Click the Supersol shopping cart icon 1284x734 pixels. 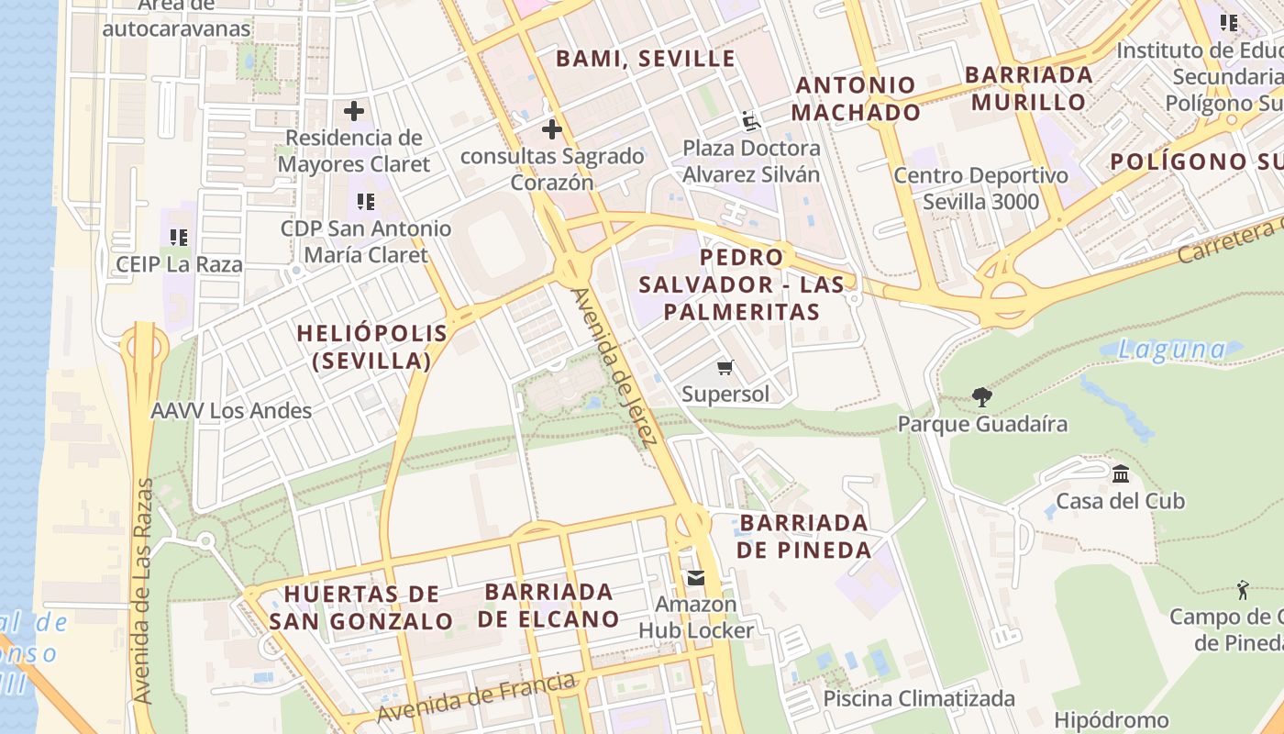(725, 368)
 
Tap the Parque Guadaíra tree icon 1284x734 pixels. (982, 397)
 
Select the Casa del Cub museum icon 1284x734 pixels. (1120, 474)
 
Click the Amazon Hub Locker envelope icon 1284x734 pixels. (695, 578)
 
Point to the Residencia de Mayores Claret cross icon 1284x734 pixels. (354, 112)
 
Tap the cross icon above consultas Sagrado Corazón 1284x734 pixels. (551, 129)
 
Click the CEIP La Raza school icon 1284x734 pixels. (179, 238)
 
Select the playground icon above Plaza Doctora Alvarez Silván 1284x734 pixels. (751, 121)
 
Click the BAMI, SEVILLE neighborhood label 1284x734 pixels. (646, 59)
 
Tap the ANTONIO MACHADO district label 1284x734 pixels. (856, 99)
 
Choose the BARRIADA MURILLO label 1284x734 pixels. (1029, 88)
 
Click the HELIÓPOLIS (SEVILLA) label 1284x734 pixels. (372, 347)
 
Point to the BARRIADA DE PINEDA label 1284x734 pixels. (804, 537)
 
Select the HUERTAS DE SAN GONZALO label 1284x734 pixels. (361, 607)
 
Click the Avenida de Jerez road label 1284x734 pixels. (614, 368)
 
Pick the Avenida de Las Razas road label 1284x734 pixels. (143, 592)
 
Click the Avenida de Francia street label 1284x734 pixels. (477, 698)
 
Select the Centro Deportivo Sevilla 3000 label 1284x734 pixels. (980, 188)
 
